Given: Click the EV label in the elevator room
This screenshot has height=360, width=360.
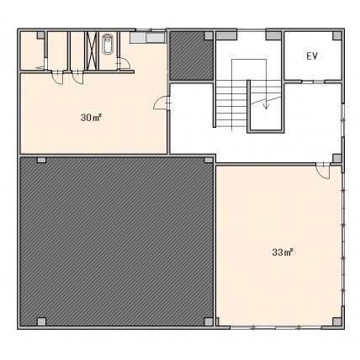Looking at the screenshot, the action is point(312,56).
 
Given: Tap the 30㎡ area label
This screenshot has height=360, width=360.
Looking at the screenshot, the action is point(91,118).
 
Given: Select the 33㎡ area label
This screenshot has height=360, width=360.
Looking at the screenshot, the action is point(283,252).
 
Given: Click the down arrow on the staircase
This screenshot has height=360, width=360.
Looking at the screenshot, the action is point(266,103).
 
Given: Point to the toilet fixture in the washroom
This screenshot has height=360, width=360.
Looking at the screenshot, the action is point(108,44).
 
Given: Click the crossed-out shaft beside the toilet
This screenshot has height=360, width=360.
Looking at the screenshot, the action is point(92,50).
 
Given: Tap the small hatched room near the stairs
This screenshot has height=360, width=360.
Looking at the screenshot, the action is point(192,56).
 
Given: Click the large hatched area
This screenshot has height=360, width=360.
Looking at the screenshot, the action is point(117,241).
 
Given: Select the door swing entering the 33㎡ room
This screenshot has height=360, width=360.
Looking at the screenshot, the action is point(323,172).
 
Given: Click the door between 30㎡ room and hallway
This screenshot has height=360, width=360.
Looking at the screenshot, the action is point(162,103).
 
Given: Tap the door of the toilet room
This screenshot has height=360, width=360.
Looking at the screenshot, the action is point(124,63).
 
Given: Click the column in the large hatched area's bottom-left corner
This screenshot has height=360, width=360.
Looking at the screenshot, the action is point(41,321).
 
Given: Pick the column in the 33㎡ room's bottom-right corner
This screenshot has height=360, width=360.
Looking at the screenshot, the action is point(336,321).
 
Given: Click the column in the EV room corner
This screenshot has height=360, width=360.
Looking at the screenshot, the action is point(337,35).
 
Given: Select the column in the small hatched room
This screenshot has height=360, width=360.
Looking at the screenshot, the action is point(209,35).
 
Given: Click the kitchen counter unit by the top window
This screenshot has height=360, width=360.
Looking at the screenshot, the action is point(147,38).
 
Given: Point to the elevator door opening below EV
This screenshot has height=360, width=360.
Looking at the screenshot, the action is point(313,82).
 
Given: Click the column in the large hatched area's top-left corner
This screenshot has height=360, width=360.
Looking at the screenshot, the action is point(41,160).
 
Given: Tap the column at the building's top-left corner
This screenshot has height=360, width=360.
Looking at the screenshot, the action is point(41,35).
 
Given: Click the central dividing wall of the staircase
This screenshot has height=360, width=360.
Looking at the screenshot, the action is point(248,106).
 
